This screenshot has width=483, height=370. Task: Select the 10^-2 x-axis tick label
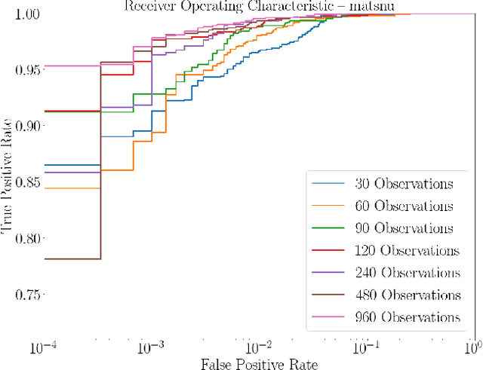tap(259, 347)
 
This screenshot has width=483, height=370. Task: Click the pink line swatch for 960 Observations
tap(327, 317)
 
